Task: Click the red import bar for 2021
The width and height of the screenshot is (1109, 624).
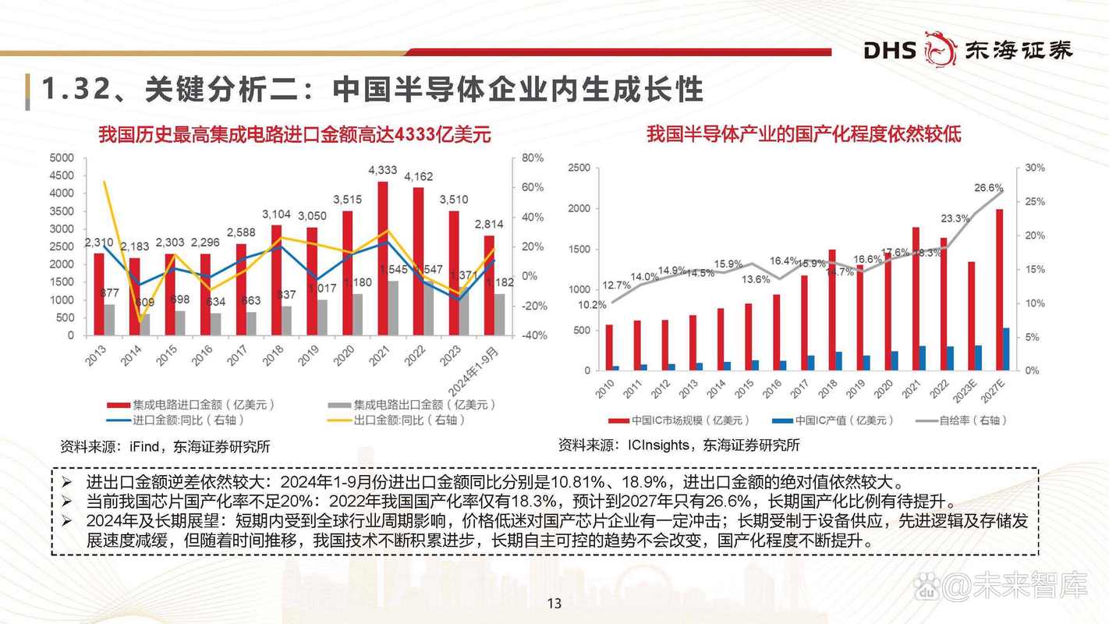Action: coord(383,258)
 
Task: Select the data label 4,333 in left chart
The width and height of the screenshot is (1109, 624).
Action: coord(383,170)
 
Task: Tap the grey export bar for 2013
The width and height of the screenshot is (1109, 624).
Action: coord(110,320)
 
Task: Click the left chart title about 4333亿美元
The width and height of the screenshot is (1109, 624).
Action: coord(295,134)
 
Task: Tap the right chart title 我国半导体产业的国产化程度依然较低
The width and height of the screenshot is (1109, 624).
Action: coord(803,134)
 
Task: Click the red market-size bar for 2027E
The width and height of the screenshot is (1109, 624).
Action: coord(1000,289)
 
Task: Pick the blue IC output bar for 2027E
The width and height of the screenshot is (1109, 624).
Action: coord(1007,349)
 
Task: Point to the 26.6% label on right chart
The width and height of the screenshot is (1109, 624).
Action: coord(989,188)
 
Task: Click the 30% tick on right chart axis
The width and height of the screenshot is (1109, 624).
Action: coord(1035,168)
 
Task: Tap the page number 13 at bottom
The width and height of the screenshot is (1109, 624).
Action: coord(554,603)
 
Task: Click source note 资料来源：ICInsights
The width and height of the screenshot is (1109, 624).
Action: coord(679,445)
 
